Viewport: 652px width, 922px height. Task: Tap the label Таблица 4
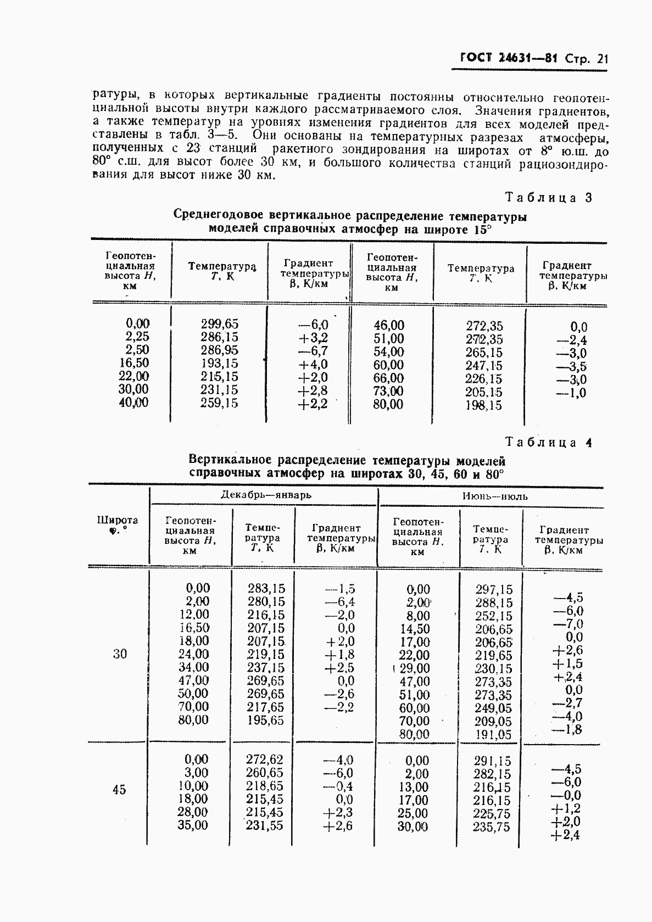pyautogui.click(x=548, y=442)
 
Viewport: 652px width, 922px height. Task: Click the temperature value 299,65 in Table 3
pyautogui.click(x=219, y=324)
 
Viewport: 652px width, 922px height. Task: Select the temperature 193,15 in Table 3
pyautogui.click(x=219, y=363)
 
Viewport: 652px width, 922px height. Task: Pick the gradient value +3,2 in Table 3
pyautogui.click(x=313, y=338)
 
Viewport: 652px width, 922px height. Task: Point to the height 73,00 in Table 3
pyautogui.click(x=388, y=392)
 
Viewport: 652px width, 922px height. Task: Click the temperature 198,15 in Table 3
pyautogui.click(x=484, y=405)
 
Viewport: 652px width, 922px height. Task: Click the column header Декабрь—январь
pyautogui.click(x=266, y=495)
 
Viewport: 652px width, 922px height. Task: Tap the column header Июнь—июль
pyautogui.click(x=494, y=496)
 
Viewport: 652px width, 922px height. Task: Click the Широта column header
pyautogui.click(x=118, y=524)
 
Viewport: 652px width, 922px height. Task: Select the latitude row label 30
pyautogui.click(x=120, y=653)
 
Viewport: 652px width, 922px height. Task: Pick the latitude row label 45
pyautogui.click(x=119, y=790)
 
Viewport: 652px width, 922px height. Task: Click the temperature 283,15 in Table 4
pyautogui.click(x=266, y=589)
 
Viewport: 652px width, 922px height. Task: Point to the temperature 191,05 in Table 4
pyautogui.click(x=493, y=735)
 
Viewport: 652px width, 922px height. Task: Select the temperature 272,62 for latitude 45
pyautogui.click(x=265, y=759)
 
